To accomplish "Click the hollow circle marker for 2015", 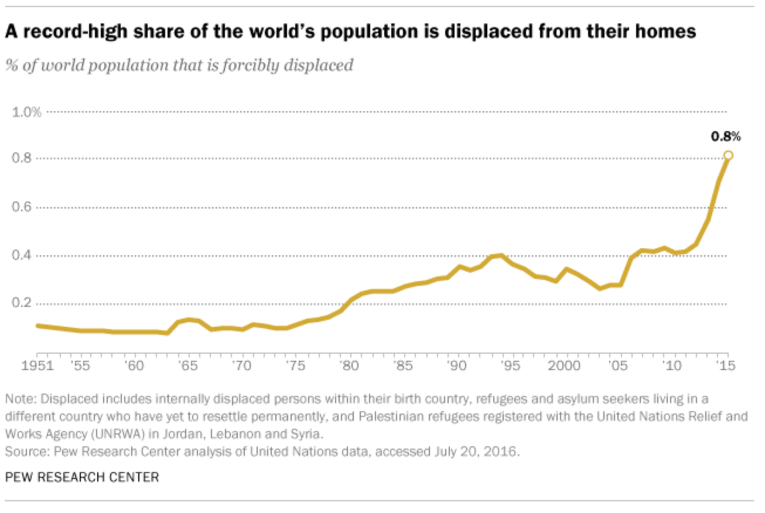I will (x=728, y=155).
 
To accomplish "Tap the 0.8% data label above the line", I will (x=726, y=137).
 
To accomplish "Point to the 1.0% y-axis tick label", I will (x=27, y=111).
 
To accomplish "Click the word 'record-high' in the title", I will (x=64, y=32).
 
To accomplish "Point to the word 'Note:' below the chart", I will (x=19, y=399).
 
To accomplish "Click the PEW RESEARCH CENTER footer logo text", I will (x=82, y=477).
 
